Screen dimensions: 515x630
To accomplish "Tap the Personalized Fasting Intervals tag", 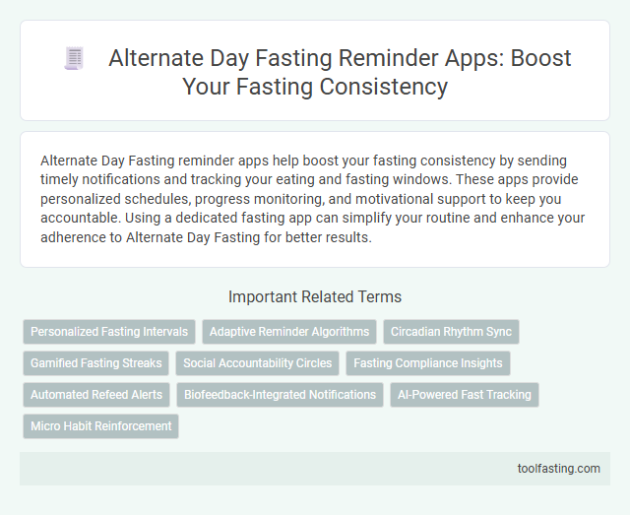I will [109, 332].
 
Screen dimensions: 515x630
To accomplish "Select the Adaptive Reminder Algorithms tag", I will [289, 332].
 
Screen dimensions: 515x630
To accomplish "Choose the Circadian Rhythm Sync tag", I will [451, 332].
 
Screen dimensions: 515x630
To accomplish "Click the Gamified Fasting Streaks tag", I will [96, 363].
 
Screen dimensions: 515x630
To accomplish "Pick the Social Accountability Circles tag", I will [258, 363].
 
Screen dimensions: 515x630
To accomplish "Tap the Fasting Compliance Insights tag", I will [428, 363].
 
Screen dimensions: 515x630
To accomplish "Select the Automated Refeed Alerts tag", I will [96, 395].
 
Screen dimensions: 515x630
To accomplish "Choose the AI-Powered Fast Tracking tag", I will [465, 395].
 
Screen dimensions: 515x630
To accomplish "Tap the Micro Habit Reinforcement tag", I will [100, 426].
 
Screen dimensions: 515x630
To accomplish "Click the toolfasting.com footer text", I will [558, 468].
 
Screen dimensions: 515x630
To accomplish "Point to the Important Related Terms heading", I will [315, 296].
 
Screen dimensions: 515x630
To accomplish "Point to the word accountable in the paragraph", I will [81, 219].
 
